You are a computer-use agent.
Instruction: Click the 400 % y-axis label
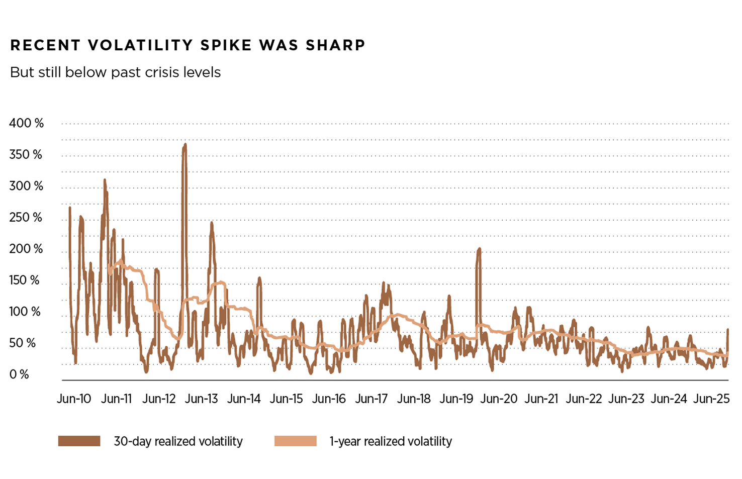[26, 123]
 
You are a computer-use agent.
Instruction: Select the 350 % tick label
[26, 155]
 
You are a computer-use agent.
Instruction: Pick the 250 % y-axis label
[26, 218]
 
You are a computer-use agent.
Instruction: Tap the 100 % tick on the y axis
[25, 312]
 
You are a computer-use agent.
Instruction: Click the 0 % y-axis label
[19, 374]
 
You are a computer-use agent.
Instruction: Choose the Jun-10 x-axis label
[74, 399]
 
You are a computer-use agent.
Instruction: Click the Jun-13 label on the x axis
[201, 399]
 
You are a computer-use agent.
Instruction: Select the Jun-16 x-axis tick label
[329, 399]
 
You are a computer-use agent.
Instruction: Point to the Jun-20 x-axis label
[499, 399]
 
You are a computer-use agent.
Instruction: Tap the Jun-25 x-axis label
[711, 399]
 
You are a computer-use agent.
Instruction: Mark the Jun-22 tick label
[584, 399]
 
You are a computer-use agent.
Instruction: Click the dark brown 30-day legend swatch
[79, 441]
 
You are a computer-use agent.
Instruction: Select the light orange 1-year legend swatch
[296, 441]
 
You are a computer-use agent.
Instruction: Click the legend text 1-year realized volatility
[391, 441]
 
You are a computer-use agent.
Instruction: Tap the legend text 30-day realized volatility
[178, 441]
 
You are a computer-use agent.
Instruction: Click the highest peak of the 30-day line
[185, 145]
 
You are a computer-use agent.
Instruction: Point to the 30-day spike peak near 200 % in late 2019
[480, 248]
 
